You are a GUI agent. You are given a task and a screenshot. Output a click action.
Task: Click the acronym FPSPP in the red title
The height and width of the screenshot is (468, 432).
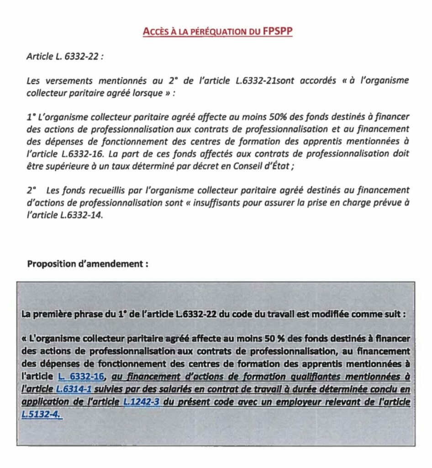pyautogui.click(x=276, y=32)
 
